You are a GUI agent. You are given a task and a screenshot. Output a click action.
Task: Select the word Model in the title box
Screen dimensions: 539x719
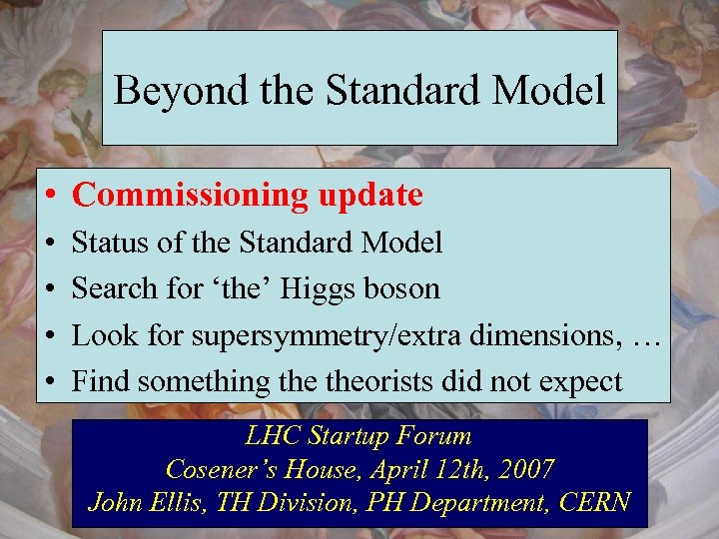[x=554, y=91]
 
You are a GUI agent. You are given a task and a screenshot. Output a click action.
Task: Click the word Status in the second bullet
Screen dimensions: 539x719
[x=107, y=243]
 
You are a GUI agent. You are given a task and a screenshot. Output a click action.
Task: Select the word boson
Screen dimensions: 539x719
[x=405, y=288]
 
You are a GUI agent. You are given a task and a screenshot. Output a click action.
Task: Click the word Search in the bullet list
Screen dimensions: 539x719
[x=114, y=288]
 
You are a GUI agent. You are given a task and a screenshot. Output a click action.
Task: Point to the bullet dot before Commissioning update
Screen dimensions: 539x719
[x=49, y=197]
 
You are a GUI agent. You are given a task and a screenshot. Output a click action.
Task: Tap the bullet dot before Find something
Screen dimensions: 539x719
[x=49, y=382]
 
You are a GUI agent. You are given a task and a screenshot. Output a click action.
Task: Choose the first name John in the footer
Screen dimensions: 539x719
[x=114, y=502]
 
